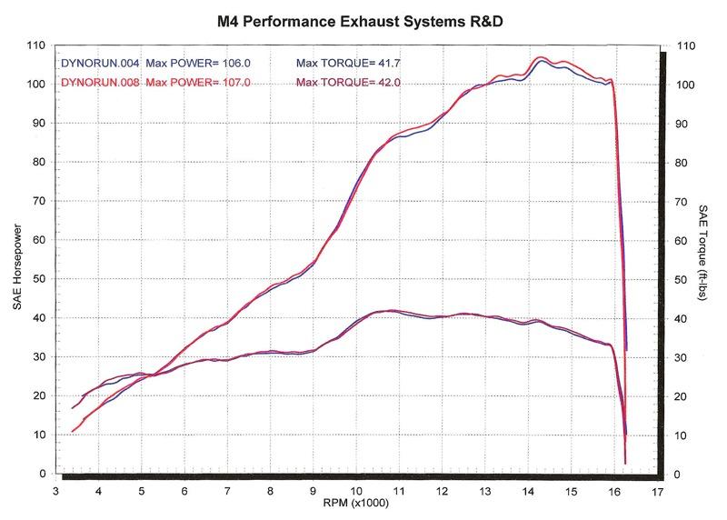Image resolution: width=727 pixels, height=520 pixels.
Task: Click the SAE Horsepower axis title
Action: (x=17, y=260)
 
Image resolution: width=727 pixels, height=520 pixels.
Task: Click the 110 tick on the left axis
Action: (x=35, y=45)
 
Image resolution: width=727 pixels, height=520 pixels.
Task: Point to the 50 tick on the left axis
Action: (x=38, y=279)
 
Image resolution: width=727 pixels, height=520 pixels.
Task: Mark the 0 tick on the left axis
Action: (x=42, y=475)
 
